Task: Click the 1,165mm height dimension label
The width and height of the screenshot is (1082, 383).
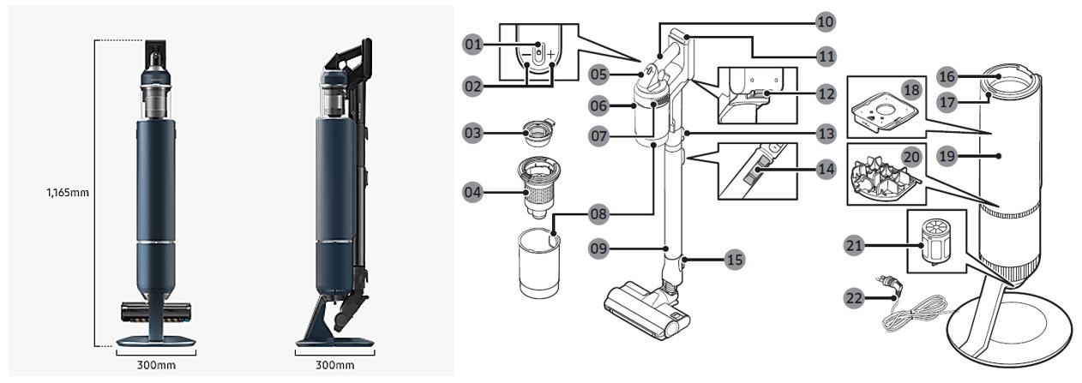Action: click(x=68, y=193)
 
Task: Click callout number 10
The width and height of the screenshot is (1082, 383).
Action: click(x=825, y=20)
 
